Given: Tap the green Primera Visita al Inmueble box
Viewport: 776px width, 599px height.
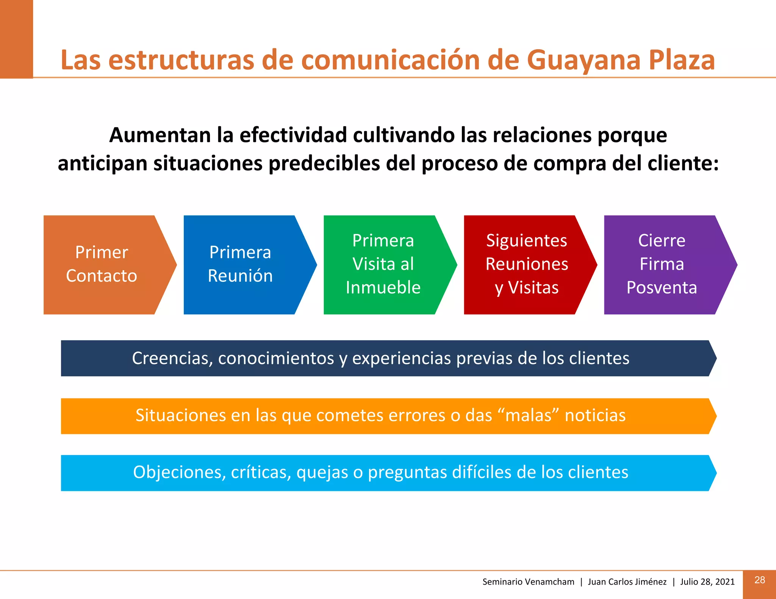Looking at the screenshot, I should point(383,264).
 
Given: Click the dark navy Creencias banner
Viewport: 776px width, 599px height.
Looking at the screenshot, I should point(381,358).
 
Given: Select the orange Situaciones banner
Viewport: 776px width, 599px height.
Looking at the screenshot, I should point(381,416).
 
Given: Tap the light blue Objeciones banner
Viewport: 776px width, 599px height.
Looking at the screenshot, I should point(381,473).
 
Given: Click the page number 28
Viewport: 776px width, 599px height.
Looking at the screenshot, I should point(759,580).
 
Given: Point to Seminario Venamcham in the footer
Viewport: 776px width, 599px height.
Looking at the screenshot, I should point(528,582).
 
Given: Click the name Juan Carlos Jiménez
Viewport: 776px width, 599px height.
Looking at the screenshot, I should point(627,582).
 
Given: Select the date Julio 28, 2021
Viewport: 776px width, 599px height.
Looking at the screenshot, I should point(707,582).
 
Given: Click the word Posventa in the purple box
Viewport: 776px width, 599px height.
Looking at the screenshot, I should point(662,288).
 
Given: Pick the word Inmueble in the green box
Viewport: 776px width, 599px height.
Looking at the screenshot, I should point(383,288).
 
